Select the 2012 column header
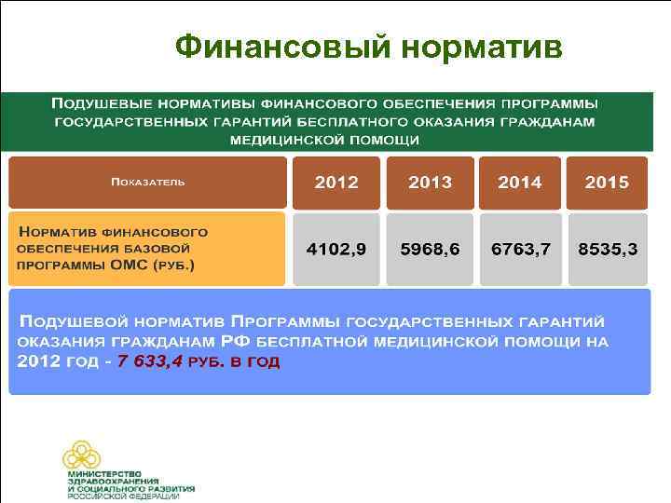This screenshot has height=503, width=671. (x=336, y=183)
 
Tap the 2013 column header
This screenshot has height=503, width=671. (x=430, y=183)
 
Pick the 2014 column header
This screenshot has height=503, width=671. (x=519, y=183)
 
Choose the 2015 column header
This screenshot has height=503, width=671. (x=608, y=183)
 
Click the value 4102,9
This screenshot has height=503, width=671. (x=336, y=249)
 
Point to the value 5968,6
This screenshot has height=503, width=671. (x=430, y=249)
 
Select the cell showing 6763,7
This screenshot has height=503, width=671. (x=519, y=249)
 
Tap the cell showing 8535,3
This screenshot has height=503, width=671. (x=608, y=249)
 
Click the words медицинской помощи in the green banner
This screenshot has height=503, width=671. (x=325, y=140)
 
